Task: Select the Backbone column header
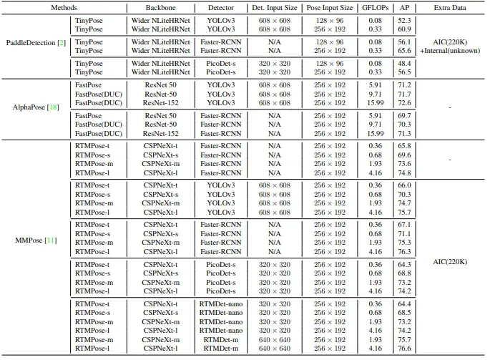(x=155, y=7)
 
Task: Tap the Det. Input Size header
(x=273, y=7)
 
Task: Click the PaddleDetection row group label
(x=36, y=43)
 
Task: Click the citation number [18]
(x=52, y=107)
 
